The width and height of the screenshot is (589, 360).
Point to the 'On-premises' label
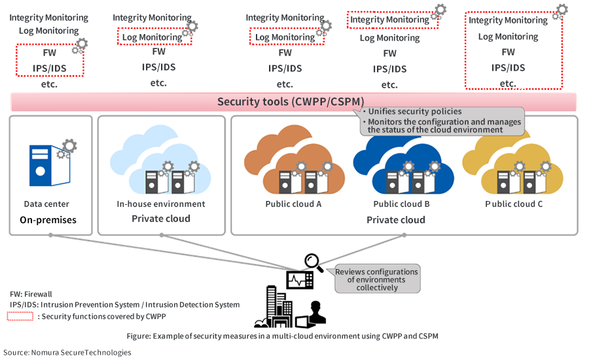(48, 220)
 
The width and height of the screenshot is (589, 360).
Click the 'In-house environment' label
(161, 204)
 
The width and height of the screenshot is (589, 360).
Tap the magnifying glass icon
(313, 262)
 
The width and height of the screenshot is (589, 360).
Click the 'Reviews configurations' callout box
(377, 279)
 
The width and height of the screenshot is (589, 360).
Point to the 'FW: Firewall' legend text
(31, 294)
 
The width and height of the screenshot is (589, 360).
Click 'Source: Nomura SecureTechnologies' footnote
(67, 352)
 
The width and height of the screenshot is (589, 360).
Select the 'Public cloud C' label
(514, 204)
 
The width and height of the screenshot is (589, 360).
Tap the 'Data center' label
(46, 204)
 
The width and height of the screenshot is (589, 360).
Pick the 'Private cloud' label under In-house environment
(161, 219)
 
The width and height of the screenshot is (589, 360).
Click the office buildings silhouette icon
(275, 308)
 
